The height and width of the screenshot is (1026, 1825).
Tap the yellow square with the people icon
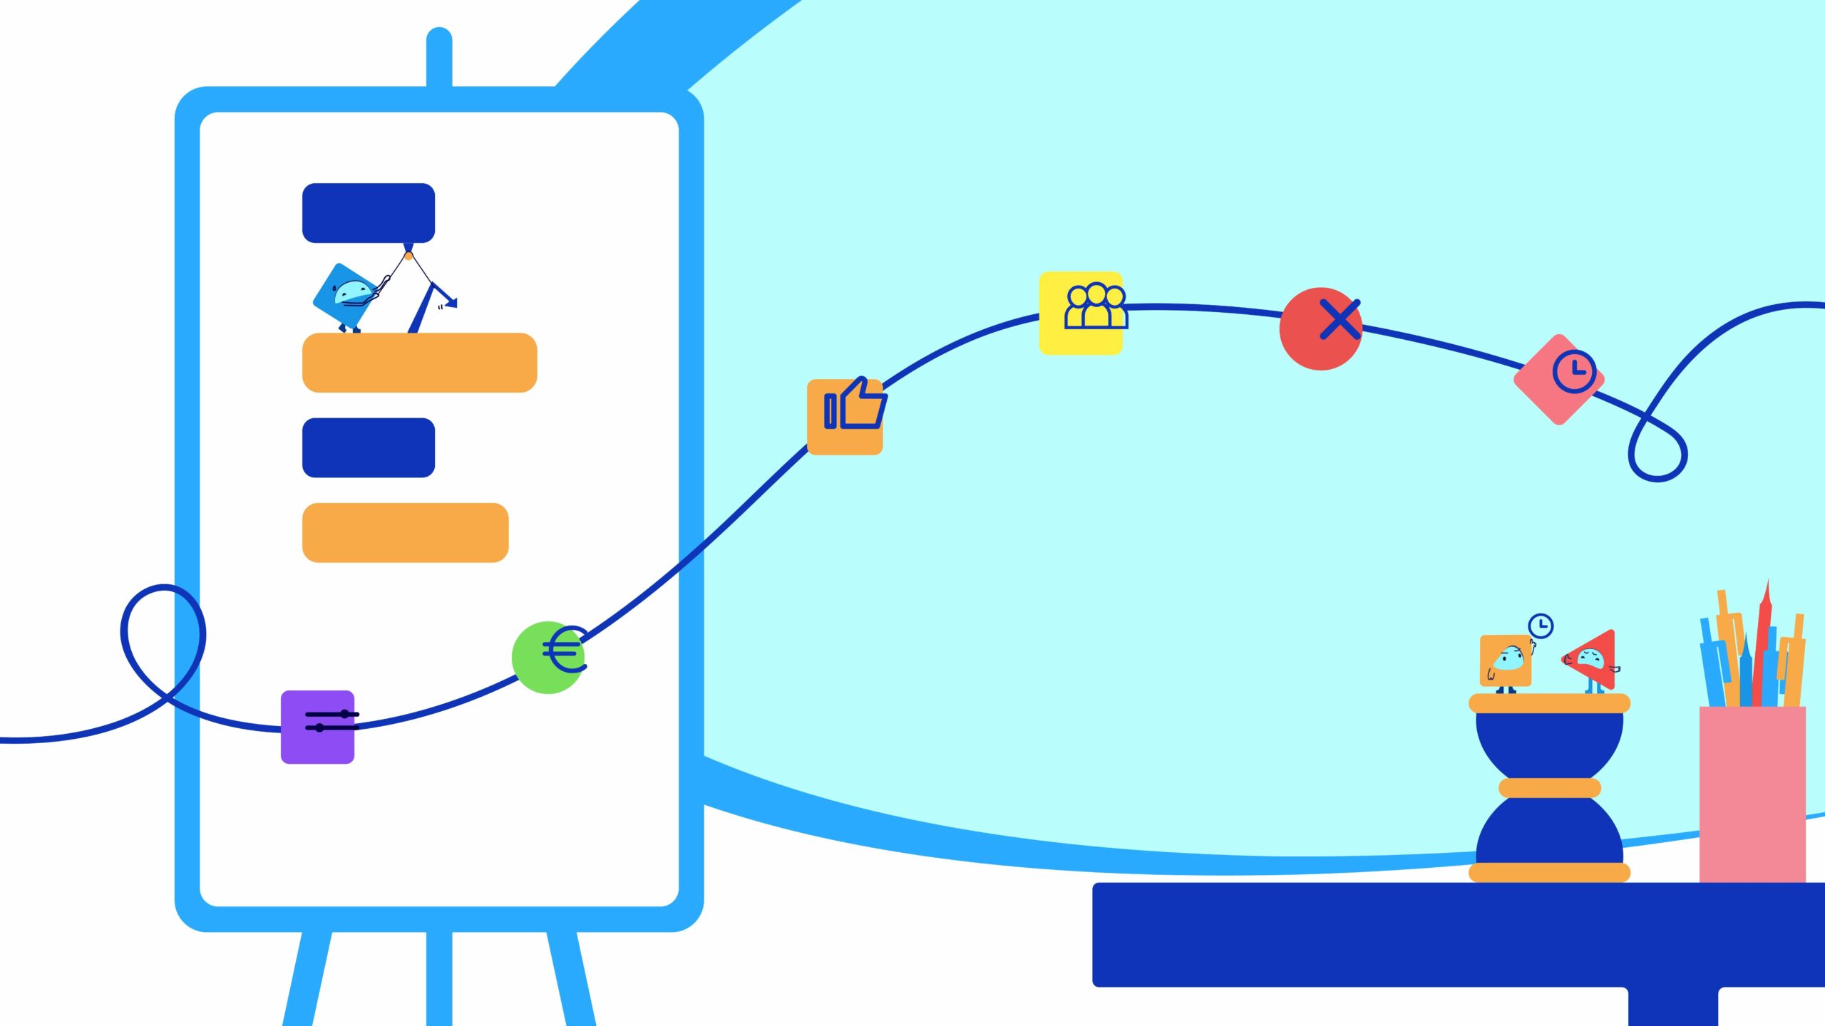[1081, 313]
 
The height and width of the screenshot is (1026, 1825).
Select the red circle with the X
[1321, 328]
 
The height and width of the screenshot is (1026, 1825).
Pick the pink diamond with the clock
[1558, 380]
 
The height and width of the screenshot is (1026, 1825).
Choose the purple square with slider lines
[318, 727]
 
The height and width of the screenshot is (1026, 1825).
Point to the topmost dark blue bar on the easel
[369, 213]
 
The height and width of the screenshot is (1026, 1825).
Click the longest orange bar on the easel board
[419, 363]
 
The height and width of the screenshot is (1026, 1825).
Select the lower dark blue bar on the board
[369, 447]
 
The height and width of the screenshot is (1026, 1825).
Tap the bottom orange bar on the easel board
[405, 533]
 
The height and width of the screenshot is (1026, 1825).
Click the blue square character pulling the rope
[346, 296]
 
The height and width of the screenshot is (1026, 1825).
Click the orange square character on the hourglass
[1505, 660]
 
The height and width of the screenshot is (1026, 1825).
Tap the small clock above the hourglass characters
[1541, 626]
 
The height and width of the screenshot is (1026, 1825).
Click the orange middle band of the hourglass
[1549, 788]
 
